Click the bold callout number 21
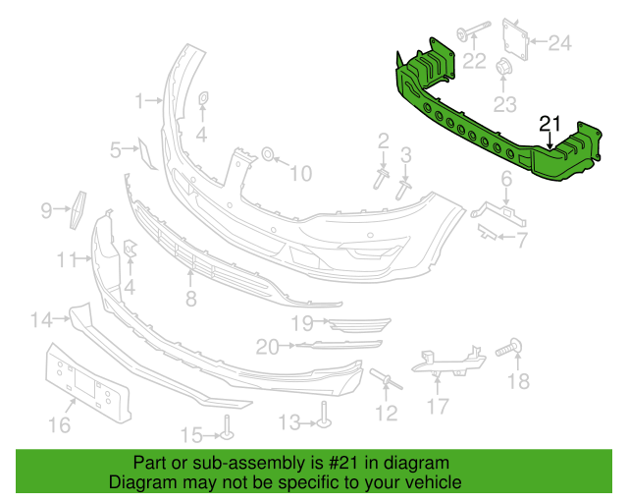tap(550, 124)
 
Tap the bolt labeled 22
tap(474, 29)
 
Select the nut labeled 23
tap(503, 68)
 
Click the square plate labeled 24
tap(515, 39)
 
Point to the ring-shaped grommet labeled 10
tap(267, 153)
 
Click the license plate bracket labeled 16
tap(87, 383)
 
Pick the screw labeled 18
tap(509, 348)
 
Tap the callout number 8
tap(191, 299)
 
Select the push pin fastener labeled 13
tap(324, 415)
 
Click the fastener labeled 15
tap(227, 427)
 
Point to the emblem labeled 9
tap(78, 210)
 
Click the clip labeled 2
tap(382, 178)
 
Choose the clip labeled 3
tap(403, 190)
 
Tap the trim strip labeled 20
tap(339, 345)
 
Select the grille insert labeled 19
tap(359, 325)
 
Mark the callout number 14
tap(42, 320)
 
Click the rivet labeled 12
tap(387, 379)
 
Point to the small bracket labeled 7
tap(488, 232)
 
